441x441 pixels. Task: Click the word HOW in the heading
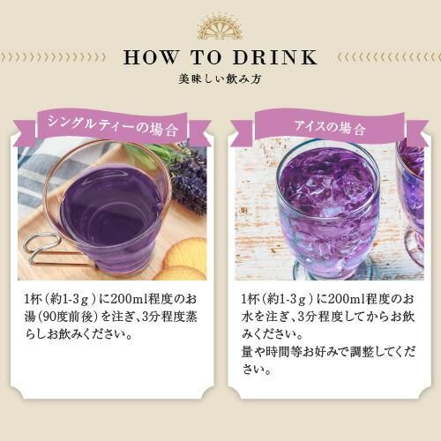(x=151, y=57)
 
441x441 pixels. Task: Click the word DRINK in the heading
(x=275, y=57)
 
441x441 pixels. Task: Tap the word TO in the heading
(x=206, y=57)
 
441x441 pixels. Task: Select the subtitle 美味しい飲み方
(x=220, y=79)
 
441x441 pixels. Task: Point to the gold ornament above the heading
(x=220, y=27)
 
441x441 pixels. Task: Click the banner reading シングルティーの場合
(x=113, y=126)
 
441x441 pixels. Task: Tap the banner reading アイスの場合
(x=330, y=127)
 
